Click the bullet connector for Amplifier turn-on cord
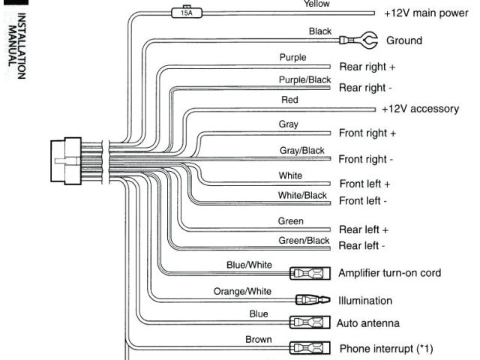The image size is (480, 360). pyautogui.click(x=309, y=273)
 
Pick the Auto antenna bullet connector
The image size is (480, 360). pyautogui.click(x=309, y=322)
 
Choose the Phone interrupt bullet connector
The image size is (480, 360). pyautogui.click(x=309, y=348)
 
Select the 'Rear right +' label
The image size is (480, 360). pyautogui.click(x=367, y=67)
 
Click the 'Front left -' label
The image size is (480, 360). pyautogui.click(x=363, y=201)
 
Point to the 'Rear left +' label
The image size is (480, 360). pyautogui.click(x=364, y=229)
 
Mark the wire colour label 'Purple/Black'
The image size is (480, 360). pyautogui.click(x=304, y=79)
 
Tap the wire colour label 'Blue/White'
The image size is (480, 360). pyautogui.click(x=249, y=265)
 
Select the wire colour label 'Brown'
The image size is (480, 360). pyautogui.click(x=259, y=340)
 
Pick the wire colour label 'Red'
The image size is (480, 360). pyautogui.click(x=289, y=100)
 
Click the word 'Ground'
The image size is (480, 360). pyautogui.click(x=403, y=40)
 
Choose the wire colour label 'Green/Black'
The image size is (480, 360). pyautogui.click(x=304, y=241)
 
